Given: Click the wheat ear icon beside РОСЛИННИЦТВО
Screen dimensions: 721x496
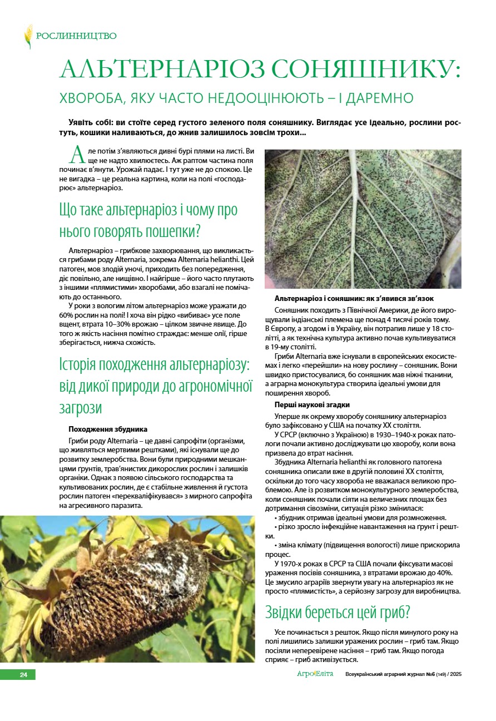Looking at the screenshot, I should (28, 36).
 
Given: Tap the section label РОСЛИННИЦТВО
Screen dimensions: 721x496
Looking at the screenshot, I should (76, 36).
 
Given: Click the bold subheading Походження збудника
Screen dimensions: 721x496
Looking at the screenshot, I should (108, 429).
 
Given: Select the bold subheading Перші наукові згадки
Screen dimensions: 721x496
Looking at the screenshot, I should (312, 404).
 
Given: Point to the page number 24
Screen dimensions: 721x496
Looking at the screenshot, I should (23, 675).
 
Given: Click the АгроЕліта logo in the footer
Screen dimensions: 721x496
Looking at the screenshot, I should (315, 674).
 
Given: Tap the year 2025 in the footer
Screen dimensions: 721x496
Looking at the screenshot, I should (456, 674).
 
